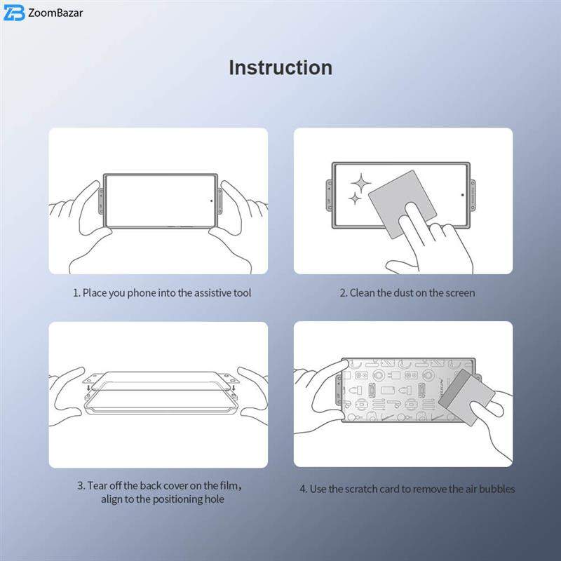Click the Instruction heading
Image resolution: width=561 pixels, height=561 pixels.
(x=280, y=67)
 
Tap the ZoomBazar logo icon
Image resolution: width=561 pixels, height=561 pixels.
(x=14, y=13)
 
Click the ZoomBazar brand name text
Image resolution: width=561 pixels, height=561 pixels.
(x=55, y=13)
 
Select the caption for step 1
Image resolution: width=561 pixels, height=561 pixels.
(x=162, y=293)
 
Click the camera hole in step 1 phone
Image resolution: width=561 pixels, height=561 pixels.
(x=211, y=201)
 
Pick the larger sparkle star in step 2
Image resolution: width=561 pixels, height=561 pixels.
(x=360, y=183)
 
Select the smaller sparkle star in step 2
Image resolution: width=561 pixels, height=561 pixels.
(x=355, y=198)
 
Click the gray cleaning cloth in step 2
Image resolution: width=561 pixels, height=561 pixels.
(x=402, y=204)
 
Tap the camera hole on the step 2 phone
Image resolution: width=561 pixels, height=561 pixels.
(x=463, y=195)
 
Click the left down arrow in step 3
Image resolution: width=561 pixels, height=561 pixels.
(x=88, y=388)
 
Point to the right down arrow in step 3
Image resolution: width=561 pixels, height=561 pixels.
(x=234, y=388)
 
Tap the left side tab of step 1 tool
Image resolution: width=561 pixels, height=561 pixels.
(x=101, y=201)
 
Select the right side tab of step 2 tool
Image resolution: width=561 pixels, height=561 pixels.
(x=473, y=196)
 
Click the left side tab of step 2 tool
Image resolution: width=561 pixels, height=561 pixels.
(x=329, y=196)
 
